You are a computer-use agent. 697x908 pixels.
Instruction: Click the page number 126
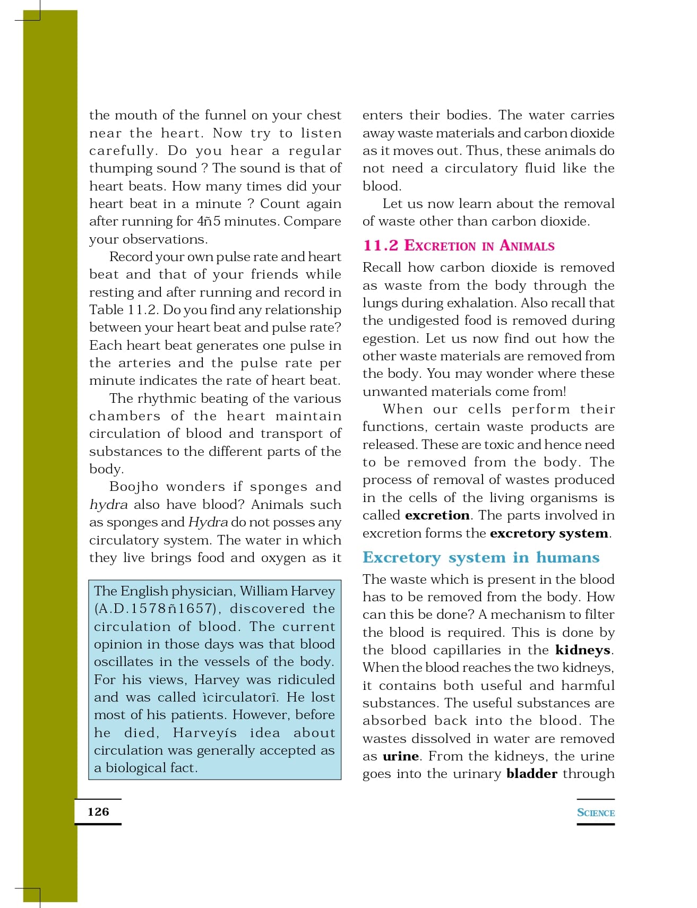pos(98,811)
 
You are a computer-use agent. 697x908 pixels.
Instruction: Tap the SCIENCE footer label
pos(596,812)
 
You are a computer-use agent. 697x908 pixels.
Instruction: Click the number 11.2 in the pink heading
pos(380,245)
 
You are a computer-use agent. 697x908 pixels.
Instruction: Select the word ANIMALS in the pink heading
pos(527,246)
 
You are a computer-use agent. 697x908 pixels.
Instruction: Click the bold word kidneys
pos(582,650)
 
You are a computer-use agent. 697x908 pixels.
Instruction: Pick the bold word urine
pos(400,756)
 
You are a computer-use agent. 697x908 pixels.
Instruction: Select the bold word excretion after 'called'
pos(437,515)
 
